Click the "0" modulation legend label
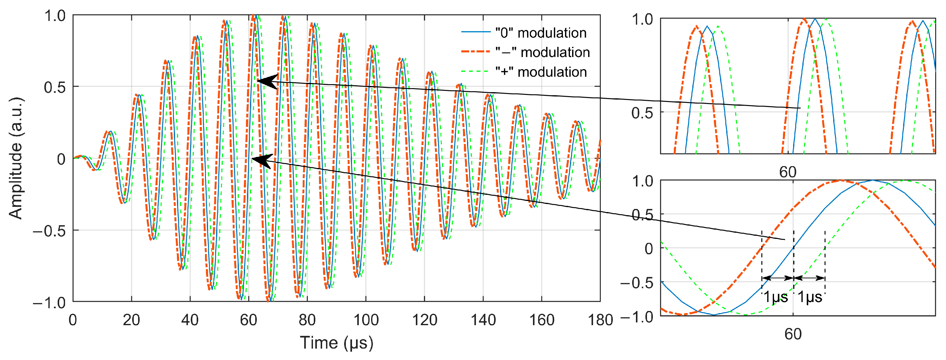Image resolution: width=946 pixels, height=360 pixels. (540, 33)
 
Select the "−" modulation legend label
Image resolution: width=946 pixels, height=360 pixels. (542, 52)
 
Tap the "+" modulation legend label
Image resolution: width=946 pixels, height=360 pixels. (541, 72)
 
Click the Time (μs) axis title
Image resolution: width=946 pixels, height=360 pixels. (336, 343)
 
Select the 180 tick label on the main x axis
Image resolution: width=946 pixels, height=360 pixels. (600, 320)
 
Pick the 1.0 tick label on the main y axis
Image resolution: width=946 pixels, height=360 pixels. (54, 16)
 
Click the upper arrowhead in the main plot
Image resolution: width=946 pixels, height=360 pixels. (267, 81)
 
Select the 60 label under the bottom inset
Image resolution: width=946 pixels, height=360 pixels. (793, 334)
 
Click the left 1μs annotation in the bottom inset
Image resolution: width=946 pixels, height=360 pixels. (776, 297)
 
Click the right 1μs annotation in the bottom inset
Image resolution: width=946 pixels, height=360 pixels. (810, 297)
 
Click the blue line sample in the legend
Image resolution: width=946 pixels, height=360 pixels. (476, 32)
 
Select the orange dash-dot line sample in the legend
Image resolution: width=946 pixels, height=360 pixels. (476, 52)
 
